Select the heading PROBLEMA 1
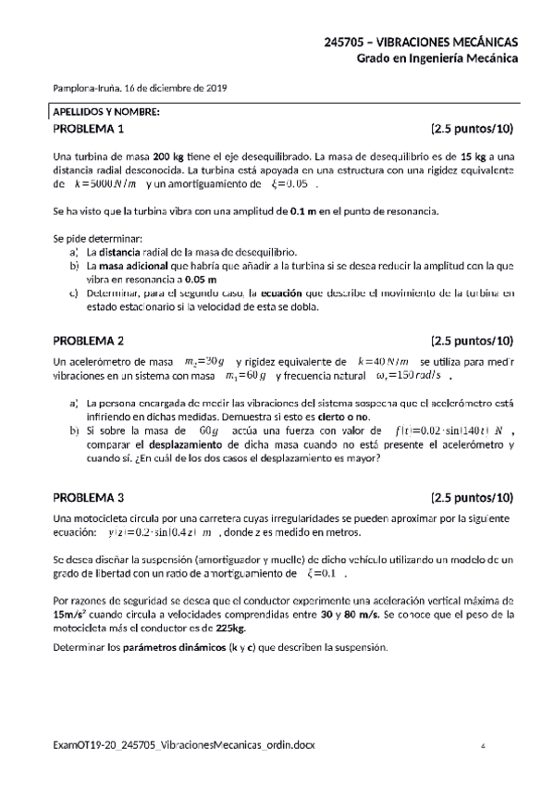89,129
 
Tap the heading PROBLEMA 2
89,339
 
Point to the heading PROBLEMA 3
89,496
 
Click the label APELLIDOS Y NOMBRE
106,112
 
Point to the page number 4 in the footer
484,745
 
